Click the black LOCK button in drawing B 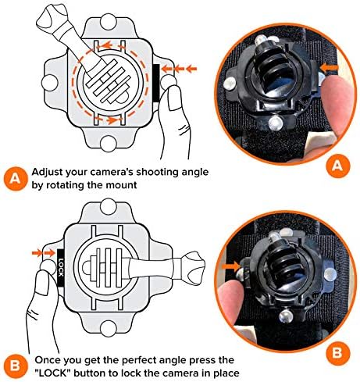click(60, 267)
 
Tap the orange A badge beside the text click(16, 179)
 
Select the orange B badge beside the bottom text click(15, 366)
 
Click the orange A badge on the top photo click(337, 165)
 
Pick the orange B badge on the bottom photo click(337, 352)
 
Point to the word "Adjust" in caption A click(47, 172)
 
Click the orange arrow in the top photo click(330, 68)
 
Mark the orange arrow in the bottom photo click(231, 266)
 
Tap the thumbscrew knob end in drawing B click(194, 268)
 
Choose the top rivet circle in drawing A click(108, 22)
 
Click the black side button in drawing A click(155, 83)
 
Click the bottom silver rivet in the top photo click(276, 122)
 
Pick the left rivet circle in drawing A click(50, 83)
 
